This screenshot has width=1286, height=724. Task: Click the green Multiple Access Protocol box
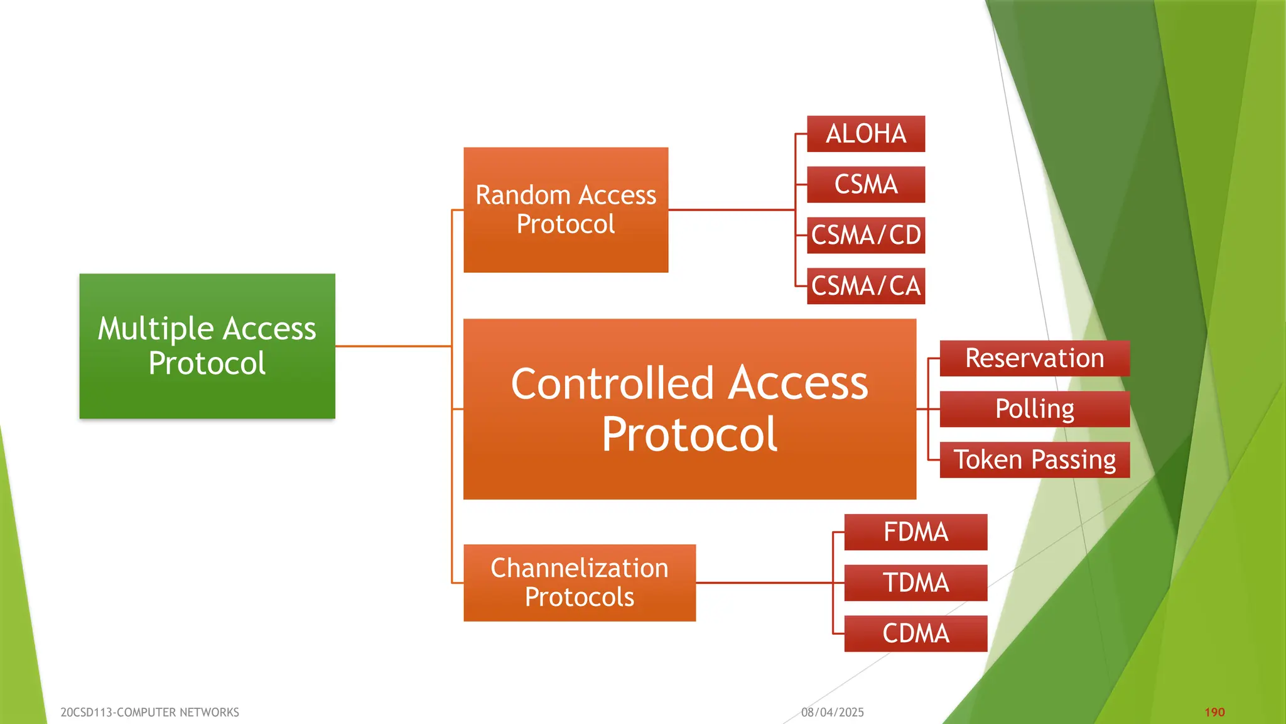[207, 346]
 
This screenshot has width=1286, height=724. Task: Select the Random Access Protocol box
[566, 210]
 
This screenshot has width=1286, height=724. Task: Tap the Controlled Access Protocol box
[689, 409]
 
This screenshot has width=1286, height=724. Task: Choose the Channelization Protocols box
[579, 583]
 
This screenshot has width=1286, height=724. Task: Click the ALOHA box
[866, 134]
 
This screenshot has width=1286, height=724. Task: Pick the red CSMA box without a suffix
[866, 185]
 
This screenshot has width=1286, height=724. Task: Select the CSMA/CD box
[866, 235]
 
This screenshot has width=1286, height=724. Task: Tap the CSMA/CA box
[866, 286]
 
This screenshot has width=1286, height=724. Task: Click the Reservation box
[1034, 358]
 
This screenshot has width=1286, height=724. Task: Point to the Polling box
[1034, 409]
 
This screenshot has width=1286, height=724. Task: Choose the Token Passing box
[1034, 459]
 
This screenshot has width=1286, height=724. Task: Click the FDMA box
[916, 532]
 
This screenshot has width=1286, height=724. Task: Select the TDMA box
[916, 583]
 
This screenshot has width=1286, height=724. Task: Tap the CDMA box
[916, 633]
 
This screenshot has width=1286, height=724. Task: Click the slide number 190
[1214, 712]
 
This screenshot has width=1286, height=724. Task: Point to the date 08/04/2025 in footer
[832, 712]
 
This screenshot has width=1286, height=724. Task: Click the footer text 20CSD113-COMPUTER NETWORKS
[149, 712]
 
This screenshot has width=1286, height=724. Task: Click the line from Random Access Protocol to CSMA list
[732, 210]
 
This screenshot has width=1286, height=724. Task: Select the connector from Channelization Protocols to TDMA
[763, 583]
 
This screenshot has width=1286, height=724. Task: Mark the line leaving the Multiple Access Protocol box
[393, 346]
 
